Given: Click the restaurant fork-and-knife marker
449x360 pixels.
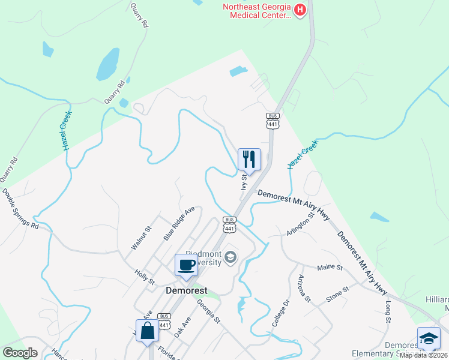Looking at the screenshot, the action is coord(249,160).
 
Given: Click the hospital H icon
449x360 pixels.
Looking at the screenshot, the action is coord(299,10).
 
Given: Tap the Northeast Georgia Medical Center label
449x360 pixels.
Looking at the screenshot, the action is coord(257,11).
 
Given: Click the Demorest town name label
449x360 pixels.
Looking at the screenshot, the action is coord(186,290).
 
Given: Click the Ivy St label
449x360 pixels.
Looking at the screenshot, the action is coord(244,181).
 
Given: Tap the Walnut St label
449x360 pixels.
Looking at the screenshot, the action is coord(142,238).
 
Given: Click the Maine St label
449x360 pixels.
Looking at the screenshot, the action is coord(330,266).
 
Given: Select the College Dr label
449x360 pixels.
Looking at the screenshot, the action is coord(280,313).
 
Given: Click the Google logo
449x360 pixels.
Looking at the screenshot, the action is coord(20,353).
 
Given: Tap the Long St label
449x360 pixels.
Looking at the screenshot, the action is coord(388,311).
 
